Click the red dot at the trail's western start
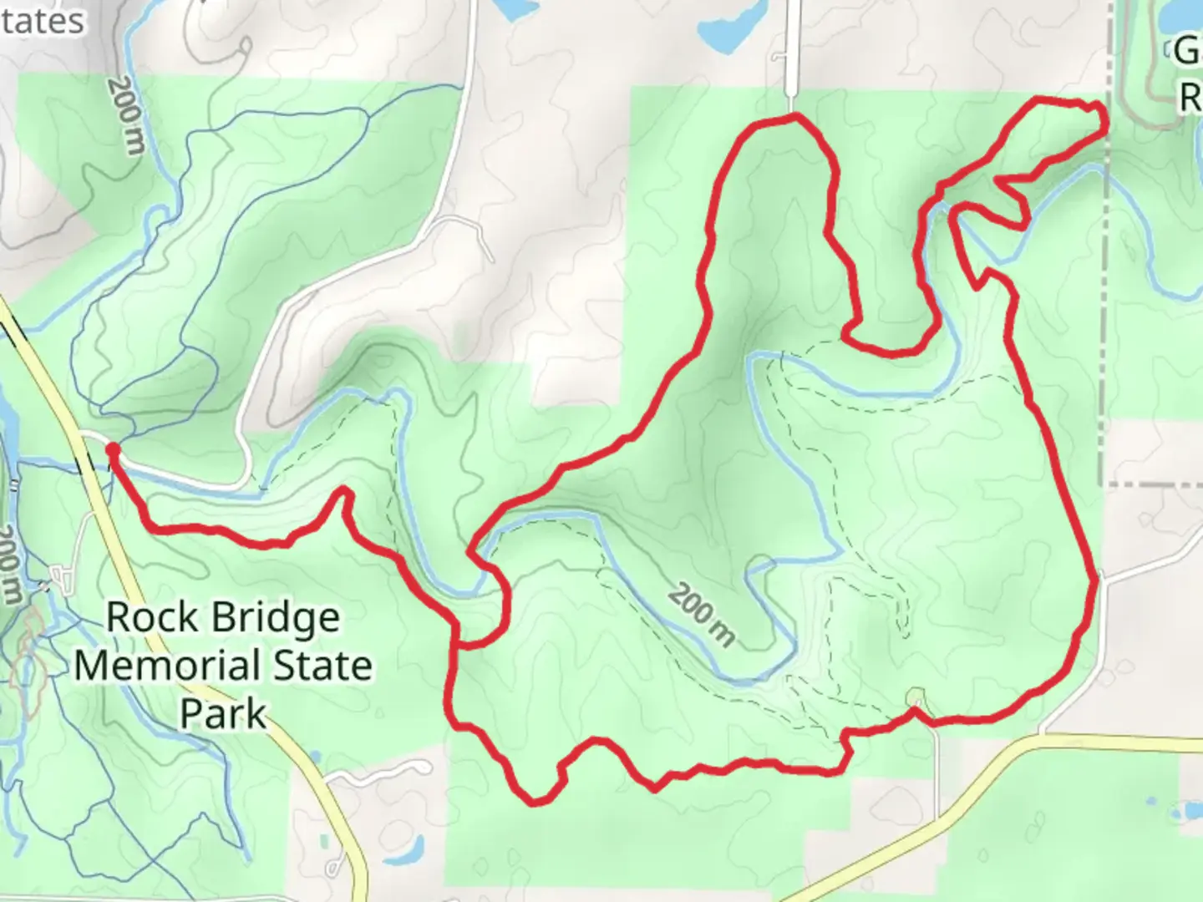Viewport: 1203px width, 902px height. click(x=112, y=451)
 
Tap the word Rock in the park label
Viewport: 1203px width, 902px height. click(x=152, y=618)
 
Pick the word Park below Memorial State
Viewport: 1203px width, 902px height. click(x=223, y=715)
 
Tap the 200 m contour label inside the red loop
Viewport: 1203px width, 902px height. click(x=703, y=617)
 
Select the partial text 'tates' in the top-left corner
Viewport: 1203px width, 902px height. click(x=42, y=22)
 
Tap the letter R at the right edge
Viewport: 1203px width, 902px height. click(x=1190, y=98)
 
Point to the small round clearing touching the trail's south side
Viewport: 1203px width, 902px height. click(x=916, y=697)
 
